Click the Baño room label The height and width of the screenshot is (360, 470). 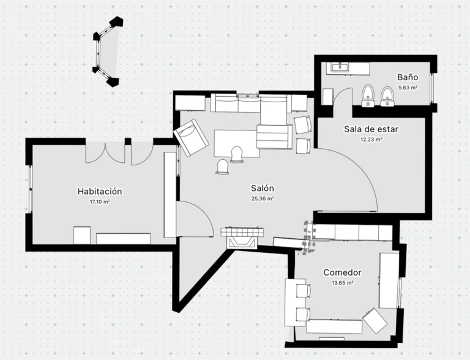point(408,77)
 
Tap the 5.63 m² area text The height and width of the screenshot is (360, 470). point(408,88)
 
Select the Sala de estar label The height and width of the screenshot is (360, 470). point(371,129)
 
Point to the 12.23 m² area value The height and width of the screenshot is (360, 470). point(371,139)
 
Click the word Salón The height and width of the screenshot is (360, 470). point(263,188)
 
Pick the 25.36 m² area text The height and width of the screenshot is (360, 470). point(263,198)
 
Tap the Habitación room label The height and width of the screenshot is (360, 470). point(100,191)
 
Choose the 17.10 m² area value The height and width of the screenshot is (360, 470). point(100,201)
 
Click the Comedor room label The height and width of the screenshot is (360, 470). point(342,272)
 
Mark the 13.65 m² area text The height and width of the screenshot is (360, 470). point(342,283)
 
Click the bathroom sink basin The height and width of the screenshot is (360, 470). point(340,67)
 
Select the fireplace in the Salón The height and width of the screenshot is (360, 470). point(242,238)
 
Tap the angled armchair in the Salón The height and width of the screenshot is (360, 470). point(191,138)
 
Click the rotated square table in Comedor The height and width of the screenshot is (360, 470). point(375,320)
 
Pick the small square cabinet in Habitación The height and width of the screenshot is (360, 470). point(82,235)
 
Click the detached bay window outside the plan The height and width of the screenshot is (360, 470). point(108,52)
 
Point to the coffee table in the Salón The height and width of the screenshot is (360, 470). point(237,143)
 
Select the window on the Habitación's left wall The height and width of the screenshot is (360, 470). point(31,189)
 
